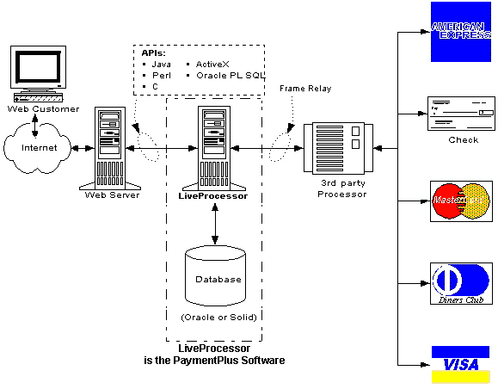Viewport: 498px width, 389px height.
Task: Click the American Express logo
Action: (x=460, y=32)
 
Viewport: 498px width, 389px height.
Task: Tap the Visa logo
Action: (x=460, y=365)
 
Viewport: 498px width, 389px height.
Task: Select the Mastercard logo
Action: (x=461, y=201)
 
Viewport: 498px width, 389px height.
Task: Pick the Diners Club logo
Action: (x=461, y=283)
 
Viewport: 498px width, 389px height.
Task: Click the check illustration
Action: (x=461, y=114)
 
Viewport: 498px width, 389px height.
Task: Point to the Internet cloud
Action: (x=38, y=148)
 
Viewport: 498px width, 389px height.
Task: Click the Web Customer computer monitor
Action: (x=38, y=74)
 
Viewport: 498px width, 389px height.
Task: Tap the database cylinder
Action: (x=215, y=275)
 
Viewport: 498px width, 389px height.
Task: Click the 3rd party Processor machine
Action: (x=338, y=148)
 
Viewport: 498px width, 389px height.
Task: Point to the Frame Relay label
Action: (x=305, y=89)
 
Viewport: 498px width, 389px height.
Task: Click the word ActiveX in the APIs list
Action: (x=212, y=65)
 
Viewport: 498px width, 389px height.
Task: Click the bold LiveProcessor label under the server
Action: (x=212, y=195)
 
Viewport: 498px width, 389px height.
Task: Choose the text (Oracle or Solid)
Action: (x=218, y=318)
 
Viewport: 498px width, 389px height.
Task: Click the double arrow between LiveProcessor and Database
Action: (x=215, y=224)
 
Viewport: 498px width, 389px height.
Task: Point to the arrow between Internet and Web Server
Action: (x=83, y=148)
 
